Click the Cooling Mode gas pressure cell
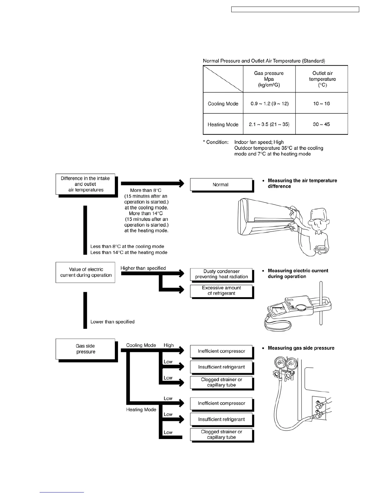(269, 103)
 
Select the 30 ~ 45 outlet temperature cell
(321, 124)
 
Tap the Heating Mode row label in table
(223, 124)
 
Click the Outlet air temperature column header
(322, 79)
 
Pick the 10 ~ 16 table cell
(321, 103)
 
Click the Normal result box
(221, 185)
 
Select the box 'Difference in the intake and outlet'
(85, 184)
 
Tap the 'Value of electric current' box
(86, 272)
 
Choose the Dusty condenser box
(221, 274)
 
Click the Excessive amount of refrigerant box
(221, 291)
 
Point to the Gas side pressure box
(86, 349)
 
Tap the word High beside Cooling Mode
(169, 345)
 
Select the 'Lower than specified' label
(112, 322)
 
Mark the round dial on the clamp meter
(301, 308)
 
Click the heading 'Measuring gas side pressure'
(301, 348)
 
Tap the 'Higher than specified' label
(143, 268)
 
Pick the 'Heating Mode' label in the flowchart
(141, 410)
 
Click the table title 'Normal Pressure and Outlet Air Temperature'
(264, 61)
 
